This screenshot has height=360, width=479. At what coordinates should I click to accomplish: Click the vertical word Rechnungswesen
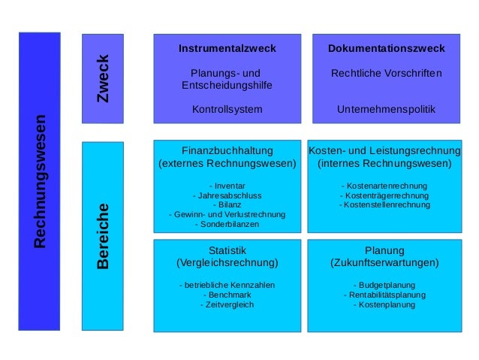tap(40, 181)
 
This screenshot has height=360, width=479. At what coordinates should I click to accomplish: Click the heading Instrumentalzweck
tap(227, 48)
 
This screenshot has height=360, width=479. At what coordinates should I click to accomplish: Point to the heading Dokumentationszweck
tap(386, 48)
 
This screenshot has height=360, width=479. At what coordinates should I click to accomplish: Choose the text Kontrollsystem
tap(227, 110)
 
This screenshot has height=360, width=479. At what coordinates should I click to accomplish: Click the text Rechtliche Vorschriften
tap(386, 74)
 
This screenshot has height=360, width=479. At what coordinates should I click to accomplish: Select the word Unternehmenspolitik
tap(386, 110)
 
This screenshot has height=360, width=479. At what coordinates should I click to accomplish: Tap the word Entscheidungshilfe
tap(227, 86)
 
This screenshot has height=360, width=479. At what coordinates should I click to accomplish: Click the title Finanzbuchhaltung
tap(227, 150)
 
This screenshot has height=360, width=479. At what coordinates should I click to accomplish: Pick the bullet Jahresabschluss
tap(228, 195)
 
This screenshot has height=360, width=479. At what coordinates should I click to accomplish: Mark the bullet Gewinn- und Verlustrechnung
tap(228, 214)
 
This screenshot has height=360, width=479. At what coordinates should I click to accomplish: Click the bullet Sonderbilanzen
tap(228, 224)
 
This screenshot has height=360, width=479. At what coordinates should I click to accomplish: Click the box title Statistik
tap(227, 250)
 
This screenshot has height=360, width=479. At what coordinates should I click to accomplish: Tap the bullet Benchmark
tap(228, 295)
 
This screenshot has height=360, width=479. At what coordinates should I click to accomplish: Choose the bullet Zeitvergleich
tap(228, 304)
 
